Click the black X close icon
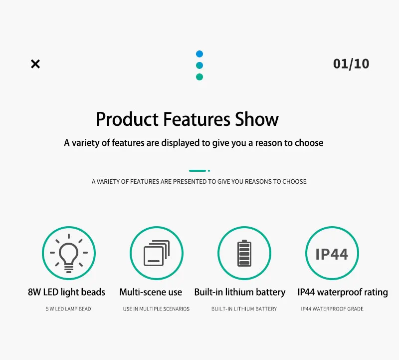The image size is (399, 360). point(35,64)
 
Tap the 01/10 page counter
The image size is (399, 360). point(351,64)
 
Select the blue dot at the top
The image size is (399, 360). point(199,54)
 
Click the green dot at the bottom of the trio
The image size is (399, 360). point(199,77)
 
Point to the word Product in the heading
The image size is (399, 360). point(127,119)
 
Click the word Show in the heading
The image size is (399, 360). point(256,119)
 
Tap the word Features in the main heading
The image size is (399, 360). point(197,119)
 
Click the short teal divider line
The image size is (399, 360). point(198,171)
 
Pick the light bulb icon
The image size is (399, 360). point(69,253)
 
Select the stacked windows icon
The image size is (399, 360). point(157,253)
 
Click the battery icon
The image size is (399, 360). point(244,253)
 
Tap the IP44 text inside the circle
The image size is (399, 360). point(332,254)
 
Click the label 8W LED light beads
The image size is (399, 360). point(66,292)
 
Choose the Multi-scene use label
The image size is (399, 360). point(151,292)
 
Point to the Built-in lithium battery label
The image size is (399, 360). point(240,292)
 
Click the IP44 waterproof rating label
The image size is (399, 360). point(343,292)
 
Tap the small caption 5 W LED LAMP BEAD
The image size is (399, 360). point(68,309)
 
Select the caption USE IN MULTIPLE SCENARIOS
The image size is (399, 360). point(156,309)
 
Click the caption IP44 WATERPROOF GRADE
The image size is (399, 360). point(332,309)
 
